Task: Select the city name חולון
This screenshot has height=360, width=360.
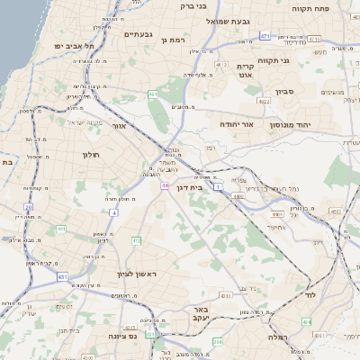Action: tap(89, 155)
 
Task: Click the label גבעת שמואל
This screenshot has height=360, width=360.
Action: tap(232, 20)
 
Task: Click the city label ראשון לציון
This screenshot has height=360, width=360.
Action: tap(137, 274)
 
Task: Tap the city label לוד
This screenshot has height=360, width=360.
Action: tap(313, 295)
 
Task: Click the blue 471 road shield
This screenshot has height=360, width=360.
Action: tap(265, 35)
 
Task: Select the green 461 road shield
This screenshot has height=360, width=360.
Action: tap(154, 94)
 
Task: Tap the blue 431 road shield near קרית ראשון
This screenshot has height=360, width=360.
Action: tap(62, 276)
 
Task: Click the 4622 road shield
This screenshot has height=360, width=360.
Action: tap(264, 103)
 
